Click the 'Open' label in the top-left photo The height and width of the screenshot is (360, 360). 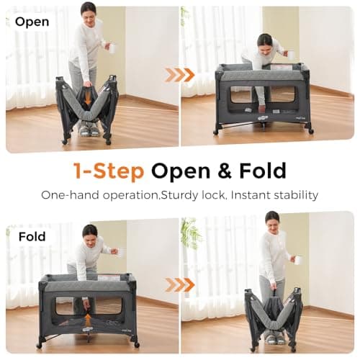pyautogui.click(x=32, y=22)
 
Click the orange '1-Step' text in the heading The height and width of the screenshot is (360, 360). pyautogui.click(x=109, y=171)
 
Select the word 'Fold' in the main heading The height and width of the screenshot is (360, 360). pyautogui.click(x=261, y=171)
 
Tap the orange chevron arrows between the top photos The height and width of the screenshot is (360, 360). pyautogui.click(x=179, y=75)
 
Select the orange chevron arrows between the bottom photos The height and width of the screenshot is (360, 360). pyautogui.click(x=179, y=284)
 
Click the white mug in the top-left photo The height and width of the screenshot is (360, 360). pyautogui.click(x=112, y=48)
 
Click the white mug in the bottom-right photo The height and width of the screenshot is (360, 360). pyautogui.click(x=298, y=259)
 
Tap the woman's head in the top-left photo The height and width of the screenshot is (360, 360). pyautogui.click(x=88, y=10)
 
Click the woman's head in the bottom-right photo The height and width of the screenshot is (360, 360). pyautogui.click(x=272, y=217)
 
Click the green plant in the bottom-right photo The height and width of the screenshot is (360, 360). pyautogui.click(x=191, y=233)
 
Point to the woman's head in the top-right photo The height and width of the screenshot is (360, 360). pyautogui.click(x=265, y=41)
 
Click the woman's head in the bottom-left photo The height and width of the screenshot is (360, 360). pyautogui.click(x=89, y=232)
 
